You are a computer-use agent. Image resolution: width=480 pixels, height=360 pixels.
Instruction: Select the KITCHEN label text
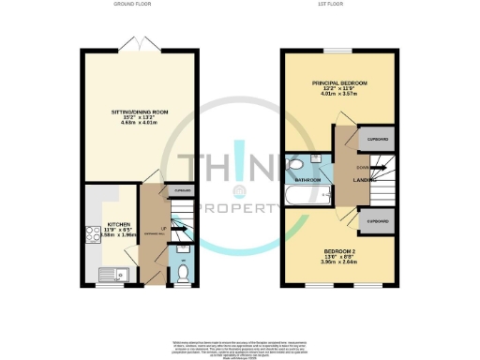coord(119,225)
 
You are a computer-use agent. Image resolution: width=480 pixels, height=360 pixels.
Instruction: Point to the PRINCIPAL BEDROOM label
coord(339,83)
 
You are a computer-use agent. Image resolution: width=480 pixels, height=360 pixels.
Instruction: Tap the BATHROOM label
coord(309,180)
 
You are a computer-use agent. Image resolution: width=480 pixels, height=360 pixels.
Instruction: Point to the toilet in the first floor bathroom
coord(293,170)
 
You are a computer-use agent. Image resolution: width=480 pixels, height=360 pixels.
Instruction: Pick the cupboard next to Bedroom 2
coord(377,221)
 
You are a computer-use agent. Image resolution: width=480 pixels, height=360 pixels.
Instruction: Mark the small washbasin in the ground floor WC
coord(184,252)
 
